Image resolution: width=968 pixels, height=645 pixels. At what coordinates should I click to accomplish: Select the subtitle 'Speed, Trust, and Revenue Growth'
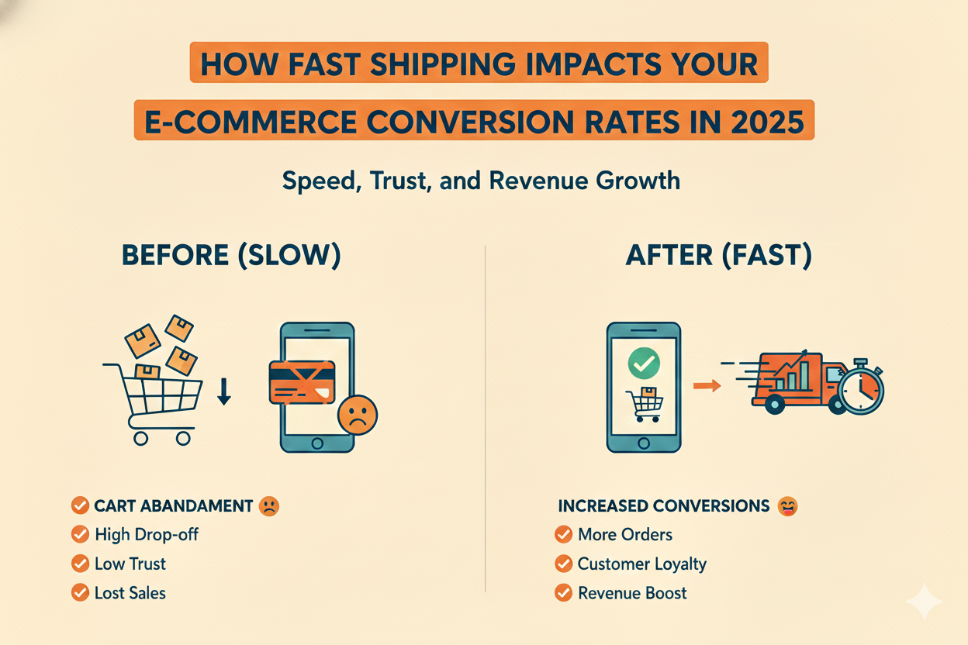pyautogui.click(x=481, y=181)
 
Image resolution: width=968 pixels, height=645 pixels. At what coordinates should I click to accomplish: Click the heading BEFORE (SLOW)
pyautogui.click(x=231, y=257)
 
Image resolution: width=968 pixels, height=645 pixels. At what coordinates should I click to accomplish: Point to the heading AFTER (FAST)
pyautogui.click(x=719, y=257)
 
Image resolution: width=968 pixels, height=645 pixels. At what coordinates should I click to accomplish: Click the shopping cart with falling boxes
pyautogui.click(x=154, y=388)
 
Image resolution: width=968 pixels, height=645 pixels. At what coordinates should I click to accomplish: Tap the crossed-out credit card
pyautogui.click(x=301, y=381)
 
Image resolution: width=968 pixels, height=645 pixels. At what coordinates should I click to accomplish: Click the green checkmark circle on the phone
pyautogui.click(x=644, y=362)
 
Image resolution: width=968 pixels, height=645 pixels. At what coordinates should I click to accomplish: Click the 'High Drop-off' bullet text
pyautogui.click(x=147, y=534)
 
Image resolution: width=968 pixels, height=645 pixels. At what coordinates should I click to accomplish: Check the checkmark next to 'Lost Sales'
pyautogui.click(x=79, y=593)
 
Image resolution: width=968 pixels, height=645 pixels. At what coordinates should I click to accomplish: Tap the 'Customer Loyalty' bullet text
pyautogui.click(x=641, y=564)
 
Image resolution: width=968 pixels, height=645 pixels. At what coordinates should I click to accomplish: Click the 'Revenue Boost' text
pyautogui.click(x=632, y=593)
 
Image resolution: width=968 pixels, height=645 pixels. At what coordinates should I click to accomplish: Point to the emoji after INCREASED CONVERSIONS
pyautogui.click(x=786, y=506)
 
